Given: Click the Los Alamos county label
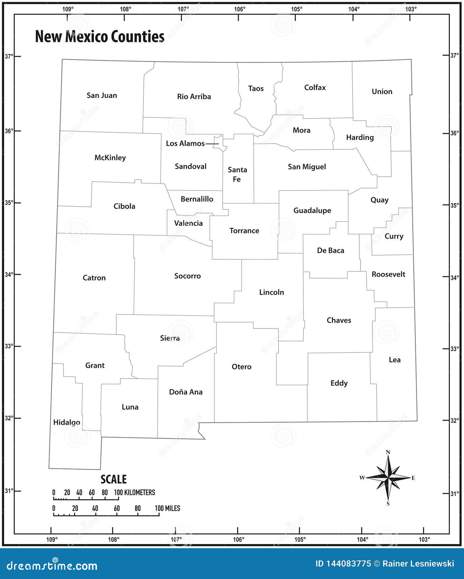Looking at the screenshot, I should point(185,144).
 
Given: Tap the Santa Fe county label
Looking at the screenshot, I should point(237,174).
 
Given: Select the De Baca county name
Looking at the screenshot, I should point(330,250).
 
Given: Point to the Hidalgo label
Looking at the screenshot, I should point(67,422).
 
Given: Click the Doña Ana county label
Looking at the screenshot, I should point(186,392).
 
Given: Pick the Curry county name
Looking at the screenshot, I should point(394,236).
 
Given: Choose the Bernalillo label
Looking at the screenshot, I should point(197,199).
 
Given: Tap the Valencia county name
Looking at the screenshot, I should point(188,223).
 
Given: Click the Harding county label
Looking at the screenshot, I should point(359,137).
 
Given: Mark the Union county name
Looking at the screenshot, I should point(382,91).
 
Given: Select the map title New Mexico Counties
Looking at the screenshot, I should point(100,37).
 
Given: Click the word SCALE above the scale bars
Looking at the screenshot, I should point(114,479).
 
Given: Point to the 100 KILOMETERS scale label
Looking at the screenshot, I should point(135,493).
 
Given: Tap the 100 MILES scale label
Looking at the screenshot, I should point(167,508).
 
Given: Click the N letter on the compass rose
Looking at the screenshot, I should point(388,452).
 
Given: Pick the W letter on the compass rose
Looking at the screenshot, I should point(362,478).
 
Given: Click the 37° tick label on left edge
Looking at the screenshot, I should point(9,56).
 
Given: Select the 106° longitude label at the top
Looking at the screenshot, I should point(240,9).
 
